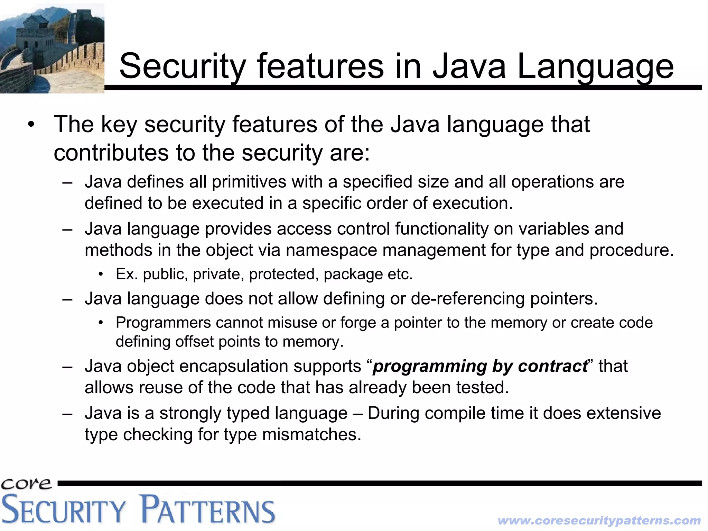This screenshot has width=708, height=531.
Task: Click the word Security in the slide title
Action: coord(183,66)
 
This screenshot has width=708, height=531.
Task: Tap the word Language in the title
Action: coord(595,66)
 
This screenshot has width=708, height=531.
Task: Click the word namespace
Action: coord(331,250)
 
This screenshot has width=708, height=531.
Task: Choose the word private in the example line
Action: coord(216,274)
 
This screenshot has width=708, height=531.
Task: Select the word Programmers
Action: coord(163,323)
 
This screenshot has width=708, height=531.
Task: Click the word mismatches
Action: coord(311,434)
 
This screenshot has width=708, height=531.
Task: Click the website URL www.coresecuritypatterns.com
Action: coord(599,520)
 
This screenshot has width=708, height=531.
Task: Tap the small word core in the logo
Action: coord(26,484)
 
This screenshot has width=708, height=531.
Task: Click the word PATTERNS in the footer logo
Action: coord(208,510)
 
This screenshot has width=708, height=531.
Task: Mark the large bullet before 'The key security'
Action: coord(31,125)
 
